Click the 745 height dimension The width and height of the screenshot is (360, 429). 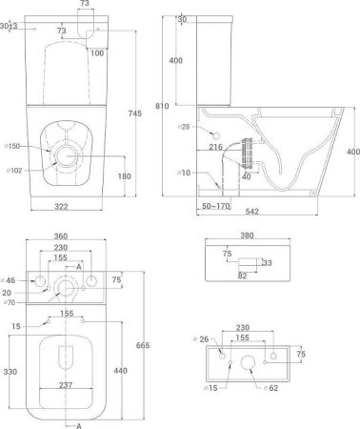tap(135, 113)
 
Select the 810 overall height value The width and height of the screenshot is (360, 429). tap(162, 106)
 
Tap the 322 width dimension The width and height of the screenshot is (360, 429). tap(61, 207)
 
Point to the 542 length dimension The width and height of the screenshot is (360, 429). tap(252, 212)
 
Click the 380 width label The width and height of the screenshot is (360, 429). tap(247, 235)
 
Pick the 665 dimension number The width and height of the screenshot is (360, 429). tap(143, 345)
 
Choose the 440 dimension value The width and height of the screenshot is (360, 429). tap(120, 371)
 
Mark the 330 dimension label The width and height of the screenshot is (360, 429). tap(10, 372)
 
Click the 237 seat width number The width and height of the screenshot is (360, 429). tap(66, 385)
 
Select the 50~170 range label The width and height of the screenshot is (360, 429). tap(216, 206)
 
